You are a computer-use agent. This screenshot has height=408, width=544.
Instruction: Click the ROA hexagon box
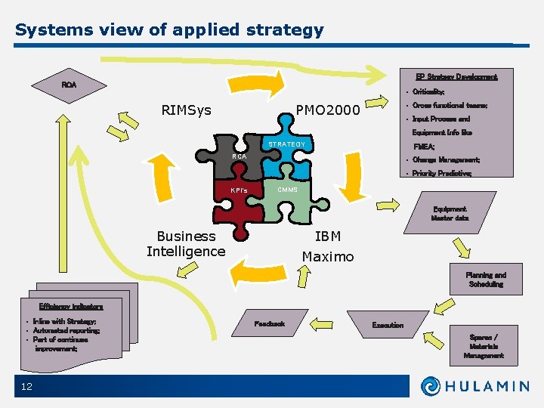pyautogui.click(x=69, y=85)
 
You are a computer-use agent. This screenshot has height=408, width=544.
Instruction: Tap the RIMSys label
pyautogui.click(x=186, y=111)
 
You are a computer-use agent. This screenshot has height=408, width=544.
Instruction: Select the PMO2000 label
pyautogui.click(x=328, y=111)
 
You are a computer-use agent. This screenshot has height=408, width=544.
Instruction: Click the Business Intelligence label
pyautogui.click(x=186, y=244)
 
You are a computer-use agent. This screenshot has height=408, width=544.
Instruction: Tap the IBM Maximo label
pyautogui.click(x=328, y=247)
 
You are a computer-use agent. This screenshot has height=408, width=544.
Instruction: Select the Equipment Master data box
pyautogui.click(x=450, y=214)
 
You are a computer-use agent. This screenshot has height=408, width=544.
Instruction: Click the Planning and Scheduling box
pyautogui.click(x=485, y=280)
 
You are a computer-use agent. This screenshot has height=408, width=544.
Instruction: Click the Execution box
pyautogui.click(x=388, y=325)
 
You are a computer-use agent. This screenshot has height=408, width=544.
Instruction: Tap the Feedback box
pyautogui.click(x=270, y=324)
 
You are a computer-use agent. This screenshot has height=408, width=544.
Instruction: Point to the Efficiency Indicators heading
pyautogui.click(x=71, y=307)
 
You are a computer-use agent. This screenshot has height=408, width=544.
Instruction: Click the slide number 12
pyautogui.click(x=28, y=386)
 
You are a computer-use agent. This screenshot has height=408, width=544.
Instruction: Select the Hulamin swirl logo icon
pyautogui.click(x=433, y=386)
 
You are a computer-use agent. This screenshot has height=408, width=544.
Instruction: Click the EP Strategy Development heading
pyautogui.click(x=456, y=77)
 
